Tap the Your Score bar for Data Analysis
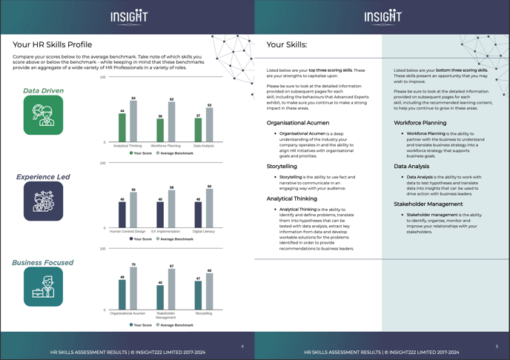click(198, 130)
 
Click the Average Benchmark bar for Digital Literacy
click(209, 210)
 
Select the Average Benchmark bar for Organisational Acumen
click(133, 289)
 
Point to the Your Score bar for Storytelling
click(198, 296)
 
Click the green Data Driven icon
click(44, 115)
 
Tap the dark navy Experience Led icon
click(44, 201)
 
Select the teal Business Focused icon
click(44, 287)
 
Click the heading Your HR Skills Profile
click(53, 44)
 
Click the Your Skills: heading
click(287, 44)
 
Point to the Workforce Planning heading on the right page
click(420, 123)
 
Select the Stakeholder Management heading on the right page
click(428, 204)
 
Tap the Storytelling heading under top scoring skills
click(282, 167)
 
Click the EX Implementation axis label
click(166, 232)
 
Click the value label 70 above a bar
click(133, 264)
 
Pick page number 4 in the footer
click(242, 346)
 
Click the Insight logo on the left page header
click(127, 16)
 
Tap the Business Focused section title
click(43, 262)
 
